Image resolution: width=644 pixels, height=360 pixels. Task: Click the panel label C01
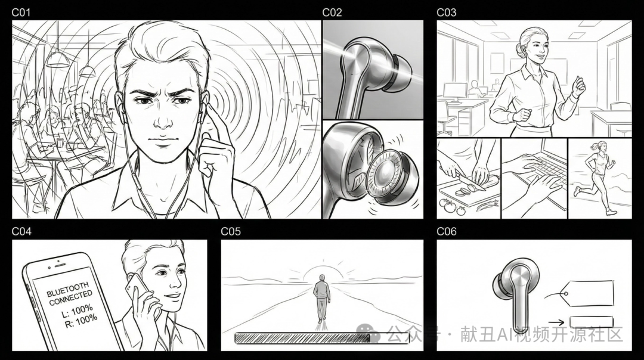click(21, 13)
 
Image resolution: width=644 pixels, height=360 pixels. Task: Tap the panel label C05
click(230, 231)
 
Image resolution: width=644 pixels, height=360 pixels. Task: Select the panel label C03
click(446, 13)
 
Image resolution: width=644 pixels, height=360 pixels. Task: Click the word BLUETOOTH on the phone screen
click(67, 290)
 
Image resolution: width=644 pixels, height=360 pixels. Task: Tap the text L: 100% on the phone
click(78, 311)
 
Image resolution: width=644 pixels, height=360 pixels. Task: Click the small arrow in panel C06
click(556, 322)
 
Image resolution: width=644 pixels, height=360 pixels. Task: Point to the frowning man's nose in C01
click(163, 119)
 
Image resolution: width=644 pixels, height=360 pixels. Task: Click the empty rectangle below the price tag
click(592, 322)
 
